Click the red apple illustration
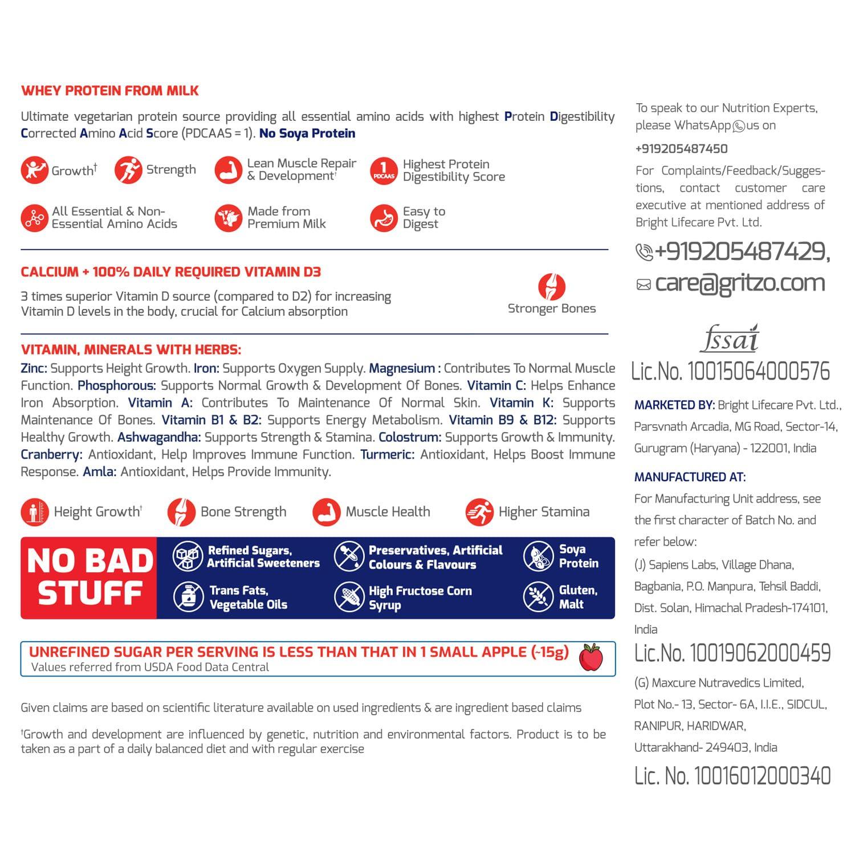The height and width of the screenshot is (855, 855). pyautogui.click(x=591, y=657)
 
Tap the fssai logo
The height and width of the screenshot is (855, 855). pyautogui.click(x=730, y=338)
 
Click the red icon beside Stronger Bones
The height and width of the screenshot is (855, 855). pyautogui.click(x=551, y=287)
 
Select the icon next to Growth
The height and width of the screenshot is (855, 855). pyautogui.click(x=34, y=170)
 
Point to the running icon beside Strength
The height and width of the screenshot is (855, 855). pyautogui.click(x=128, y=170)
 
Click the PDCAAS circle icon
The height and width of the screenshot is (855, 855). pyautogui.click(x=383, y=170)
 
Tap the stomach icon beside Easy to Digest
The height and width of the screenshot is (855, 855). pyautogui.click(x=383, y=218)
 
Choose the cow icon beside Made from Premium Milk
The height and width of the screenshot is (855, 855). pyautogui.click(x=228, y=218)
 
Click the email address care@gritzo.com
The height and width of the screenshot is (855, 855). pyautogui.click(x=740, y=283)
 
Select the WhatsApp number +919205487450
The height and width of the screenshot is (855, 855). pyautogui.click(x=681, y=149)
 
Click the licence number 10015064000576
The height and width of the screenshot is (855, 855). pyautogui.click(x=730, y=371)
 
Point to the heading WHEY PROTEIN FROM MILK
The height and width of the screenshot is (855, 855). pyautogui.click(x=110, y=91)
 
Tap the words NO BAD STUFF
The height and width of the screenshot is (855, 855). pyautogui.click(x=90, y=577)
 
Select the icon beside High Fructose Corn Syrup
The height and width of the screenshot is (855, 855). pyautogui.click(x=349, y=596)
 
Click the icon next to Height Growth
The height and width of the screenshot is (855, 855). pyautogui.click(x=34, y=512)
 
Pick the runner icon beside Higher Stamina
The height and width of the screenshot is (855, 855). pyautogui.click(x=479, y=512)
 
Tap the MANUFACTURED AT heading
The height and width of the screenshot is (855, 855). pyautogui.click(x=690, y=477)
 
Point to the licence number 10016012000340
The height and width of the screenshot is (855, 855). pyautogui.click(x=732, y=776)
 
